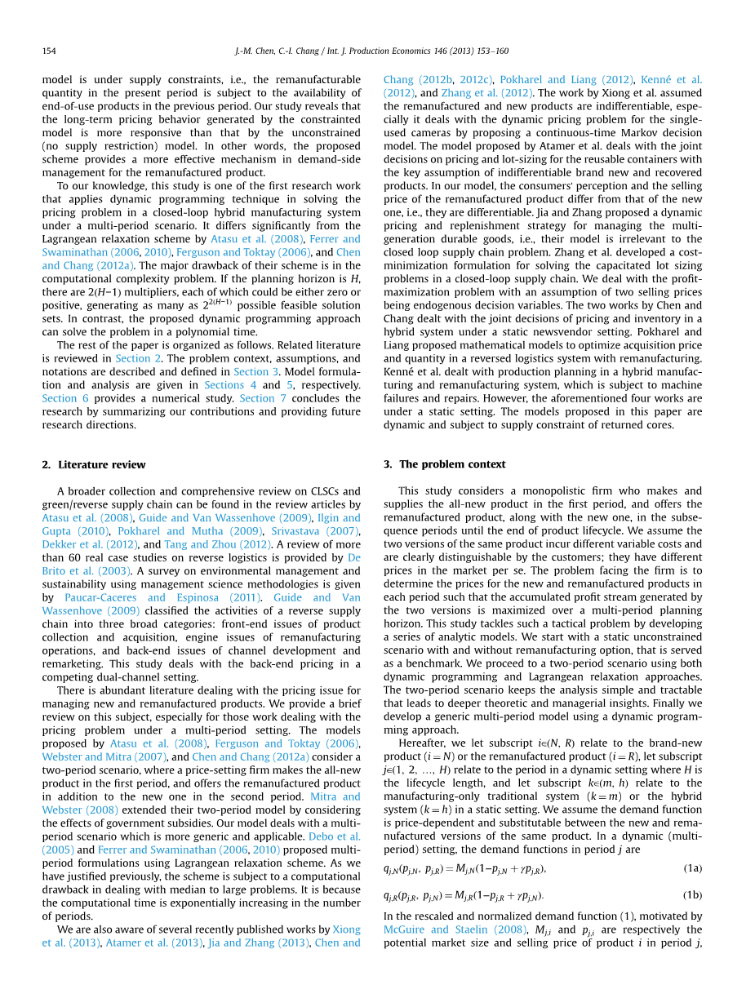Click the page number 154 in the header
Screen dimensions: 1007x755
coord(49,51)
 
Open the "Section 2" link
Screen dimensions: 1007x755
coord(132,358)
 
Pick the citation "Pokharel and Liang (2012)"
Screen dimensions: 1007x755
coord(566,80)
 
